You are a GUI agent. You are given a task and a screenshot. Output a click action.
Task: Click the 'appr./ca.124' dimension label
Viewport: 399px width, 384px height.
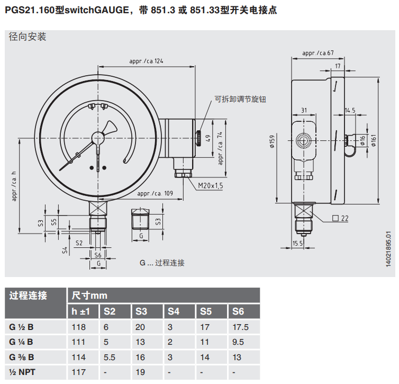147,61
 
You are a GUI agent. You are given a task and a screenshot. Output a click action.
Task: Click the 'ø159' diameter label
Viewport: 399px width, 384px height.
273,142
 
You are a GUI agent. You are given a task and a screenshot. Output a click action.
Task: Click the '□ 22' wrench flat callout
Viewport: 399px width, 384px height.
340,218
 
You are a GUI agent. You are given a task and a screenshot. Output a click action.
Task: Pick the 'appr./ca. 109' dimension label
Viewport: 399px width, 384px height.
155,194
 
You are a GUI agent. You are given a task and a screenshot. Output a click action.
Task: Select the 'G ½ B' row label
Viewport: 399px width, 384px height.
22,327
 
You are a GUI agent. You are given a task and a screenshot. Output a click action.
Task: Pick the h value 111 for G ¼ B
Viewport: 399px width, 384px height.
78,342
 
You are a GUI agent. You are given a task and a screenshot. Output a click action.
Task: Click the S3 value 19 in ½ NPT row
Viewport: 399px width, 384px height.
140,372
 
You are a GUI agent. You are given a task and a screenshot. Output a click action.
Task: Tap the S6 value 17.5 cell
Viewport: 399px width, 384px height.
241,327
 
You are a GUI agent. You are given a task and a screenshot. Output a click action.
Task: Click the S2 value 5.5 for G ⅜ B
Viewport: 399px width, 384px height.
110,357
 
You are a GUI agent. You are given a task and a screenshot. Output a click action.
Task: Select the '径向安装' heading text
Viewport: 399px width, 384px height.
28,37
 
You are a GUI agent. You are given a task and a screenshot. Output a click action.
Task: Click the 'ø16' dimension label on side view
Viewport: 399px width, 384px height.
362,140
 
